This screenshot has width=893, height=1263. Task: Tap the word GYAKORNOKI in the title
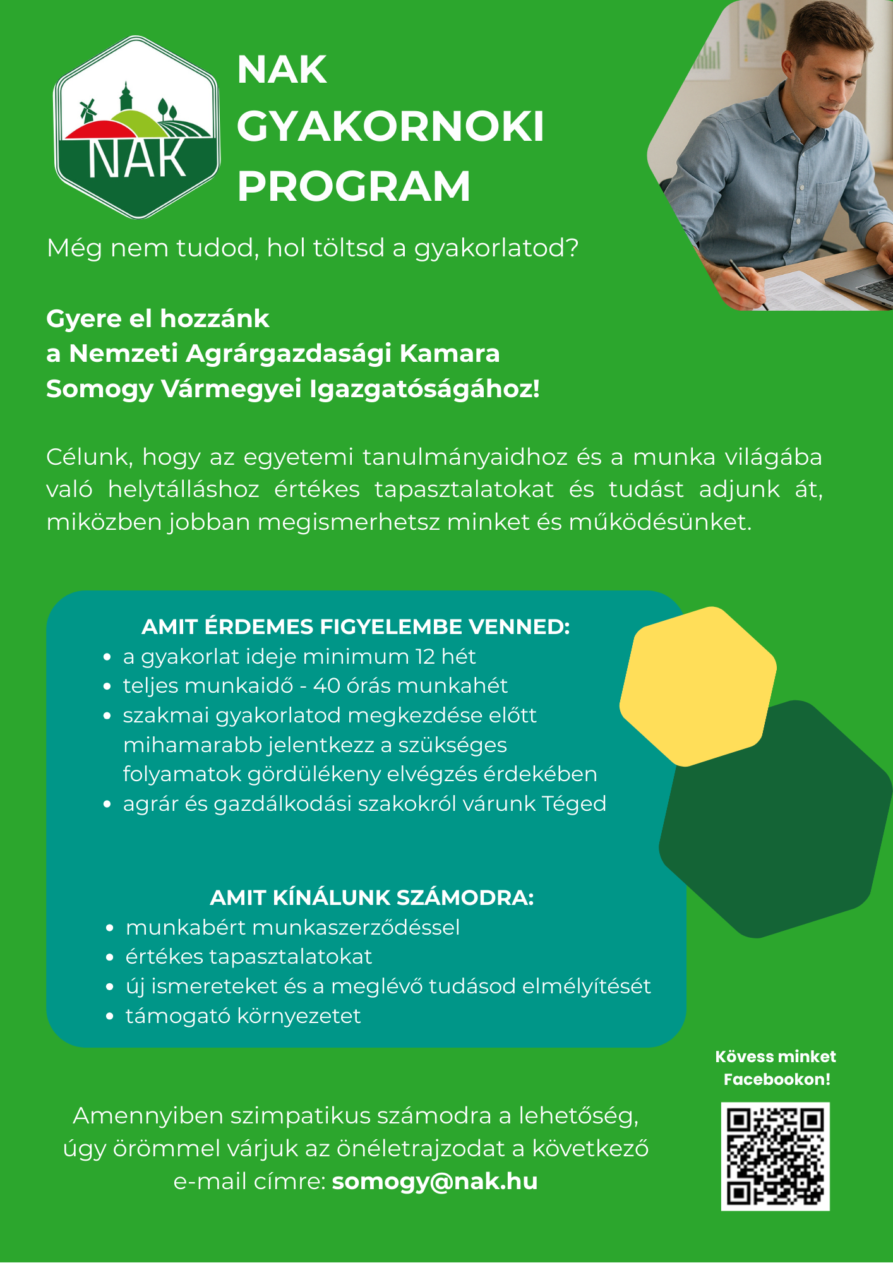tap(390, 127)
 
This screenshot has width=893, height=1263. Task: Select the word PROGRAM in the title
tap(354, 186)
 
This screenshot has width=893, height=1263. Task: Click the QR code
tap(775, 1156)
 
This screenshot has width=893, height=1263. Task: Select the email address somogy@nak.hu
tap(435, 1181)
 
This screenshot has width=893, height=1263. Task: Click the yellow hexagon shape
tap(698, 686)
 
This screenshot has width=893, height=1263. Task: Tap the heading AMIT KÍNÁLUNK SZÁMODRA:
tap(371, 897)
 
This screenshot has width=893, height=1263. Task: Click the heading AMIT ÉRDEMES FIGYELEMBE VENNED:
tap(356, 626)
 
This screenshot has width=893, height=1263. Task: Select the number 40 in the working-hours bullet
tap(327, 686)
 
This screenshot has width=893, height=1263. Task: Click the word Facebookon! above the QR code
tap(777, 1079)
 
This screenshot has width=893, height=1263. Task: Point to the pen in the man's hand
tap(748, 284)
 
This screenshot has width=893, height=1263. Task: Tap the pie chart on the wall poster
tap(762, 20)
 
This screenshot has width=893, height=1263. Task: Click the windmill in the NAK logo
tap(87, 111)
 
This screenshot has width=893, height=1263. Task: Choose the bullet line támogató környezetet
tap(243, 1016)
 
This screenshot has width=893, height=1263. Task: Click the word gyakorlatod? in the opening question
tap(496, 248)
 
